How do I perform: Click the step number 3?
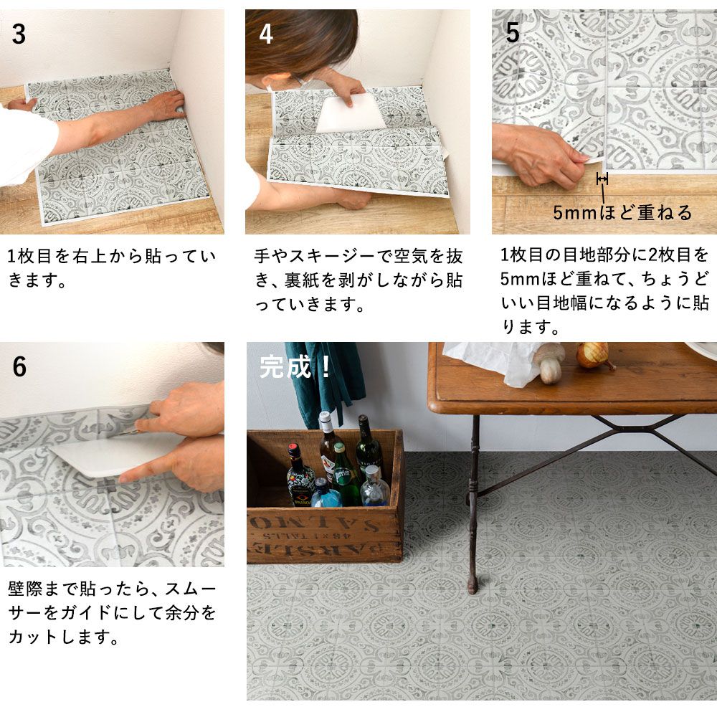[19, 34]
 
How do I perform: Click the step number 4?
[266, 34]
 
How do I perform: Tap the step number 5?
[512, 32]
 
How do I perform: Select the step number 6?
[19, 366]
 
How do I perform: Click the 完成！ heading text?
[295, 366]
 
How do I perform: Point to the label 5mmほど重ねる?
[622, 213]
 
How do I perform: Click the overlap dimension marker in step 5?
[602, 179]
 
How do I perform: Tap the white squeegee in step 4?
[351, 114]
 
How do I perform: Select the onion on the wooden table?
[593, 356]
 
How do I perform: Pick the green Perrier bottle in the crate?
[344, 475]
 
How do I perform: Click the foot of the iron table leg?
[473, 586]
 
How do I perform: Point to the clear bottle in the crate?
[375, 486]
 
